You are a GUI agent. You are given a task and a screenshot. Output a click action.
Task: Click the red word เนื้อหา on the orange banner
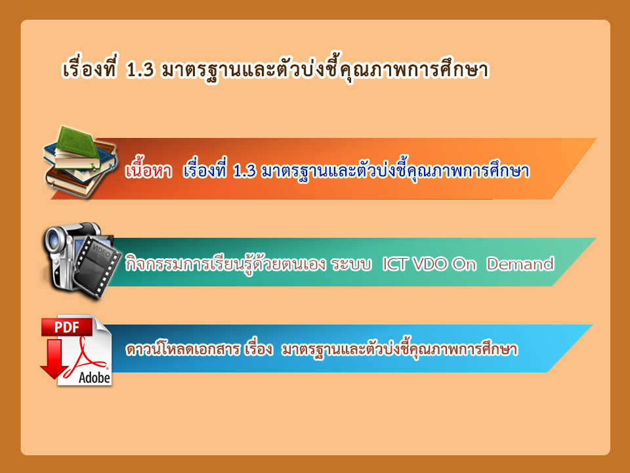[x=148, y=171]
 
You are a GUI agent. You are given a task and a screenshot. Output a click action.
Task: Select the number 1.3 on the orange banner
[x=244, y=171]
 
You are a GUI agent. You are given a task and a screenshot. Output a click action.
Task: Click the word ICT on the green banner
[x=395, y=264]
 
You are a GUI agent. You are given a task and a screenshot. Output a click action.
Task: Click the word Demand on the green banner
[x=520, y=264]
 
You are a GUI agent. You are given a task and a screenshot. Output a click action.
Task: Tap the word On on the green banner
[x=464, y=264]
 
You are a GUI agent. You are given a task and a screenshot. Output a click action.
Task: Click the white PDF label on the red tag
[x=67, y=327]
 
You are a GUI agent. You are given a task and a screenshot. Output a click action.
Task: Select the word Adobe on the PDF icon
[x=94, y=378]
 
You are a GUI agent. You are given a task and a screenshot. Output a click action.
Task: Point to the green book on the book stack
[x=77, y=146]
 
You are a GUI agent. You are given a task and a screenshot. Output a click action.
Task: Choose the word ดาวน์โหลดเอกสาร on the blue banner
[x=183, y=349]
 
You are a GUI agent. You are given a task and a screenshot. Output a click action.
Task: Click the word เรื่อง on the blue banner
[x=258, y=348]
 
